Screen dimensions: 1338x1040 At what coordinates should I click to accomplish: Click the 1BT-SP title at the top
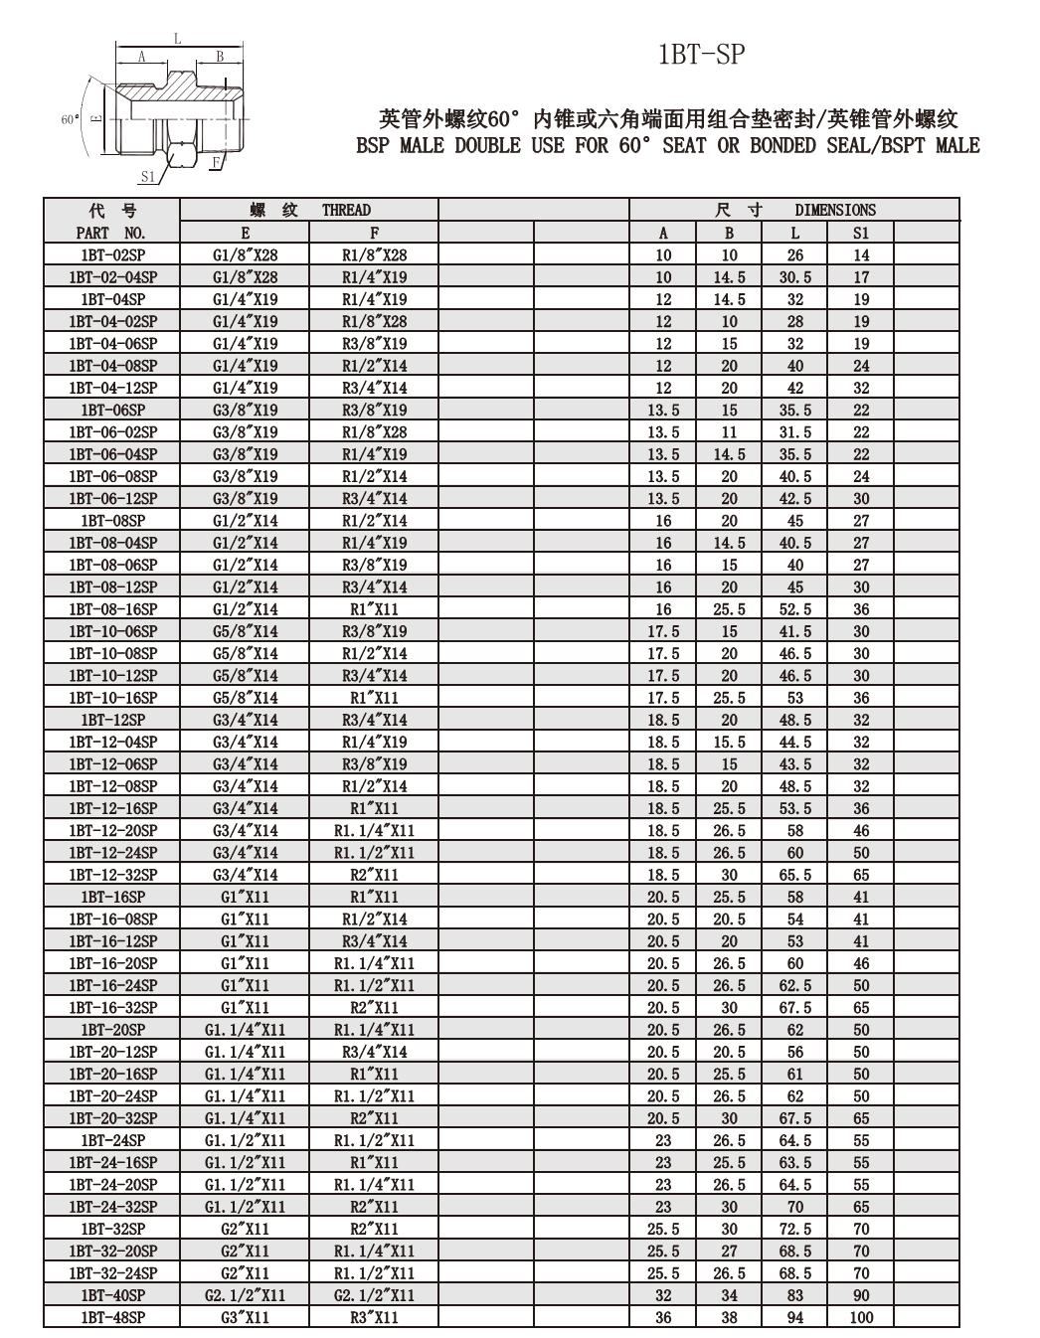(700, 55)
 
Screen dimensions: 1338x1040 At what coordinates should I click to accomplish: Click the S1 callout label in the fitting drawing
(147, 177)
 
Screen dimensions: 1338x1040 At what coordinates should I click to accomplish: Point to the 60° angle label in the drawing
(70, 119)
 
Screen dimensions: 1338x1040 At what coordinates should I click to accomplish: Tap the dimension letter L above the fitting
(178, 39)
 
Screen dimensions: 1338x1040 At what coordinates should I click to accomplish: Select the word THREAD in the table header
(346, 210)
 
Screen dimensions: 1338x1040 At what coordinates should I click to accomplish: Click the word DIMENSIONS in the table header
(835, 210)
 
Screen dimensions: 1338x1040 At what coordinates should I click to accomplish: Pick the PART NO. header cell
(111, 233)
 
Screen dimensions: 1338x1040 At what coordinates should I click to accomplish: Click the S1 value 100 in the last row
(861, 1317)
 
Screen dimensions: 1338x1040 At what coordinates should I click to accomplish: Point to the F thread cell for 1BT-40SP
(374, 1295)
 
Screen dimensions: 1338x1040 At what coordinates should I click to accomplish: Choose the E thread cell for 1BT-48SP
(245, 1317)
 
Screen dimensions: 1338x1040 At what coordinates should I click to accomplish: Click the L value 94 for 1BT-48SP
(795, 1317)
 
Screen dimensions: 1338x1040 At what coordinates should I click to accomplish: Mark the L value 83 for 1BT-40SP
(795, 1295)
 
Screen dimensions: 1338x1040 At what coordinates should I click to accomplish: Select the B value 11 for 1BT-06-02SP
(730, 432)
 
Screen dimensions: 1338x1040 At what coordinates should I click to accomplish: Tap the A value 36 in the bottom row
(663, 1317)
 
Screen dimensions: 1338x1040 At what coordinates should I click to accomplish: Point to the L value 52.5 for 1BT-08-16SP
(795, 609)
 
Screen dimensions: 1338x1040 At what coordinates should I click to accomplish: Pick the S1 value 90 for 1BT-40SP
(861, 1295)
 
